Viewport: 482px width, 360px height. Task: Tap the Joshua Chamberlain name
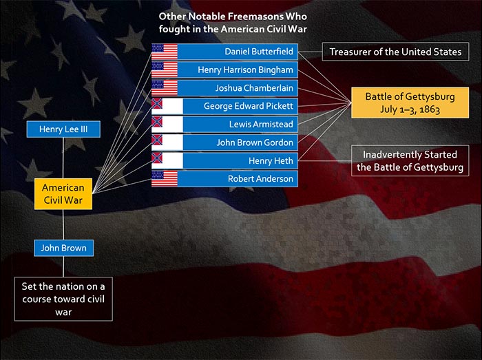[254, 88]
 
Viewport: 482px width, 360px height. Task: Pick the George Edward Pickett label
[248, 106]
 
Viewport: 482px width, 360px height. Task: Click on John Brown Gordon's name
[255, 142]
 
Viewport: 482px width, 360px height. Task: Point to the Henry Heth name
[271, 160]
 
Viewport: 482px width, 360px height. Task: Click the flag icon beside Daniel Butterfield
[165, 52]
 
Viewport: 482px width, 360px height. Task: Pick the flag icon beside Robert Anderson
[165, 179]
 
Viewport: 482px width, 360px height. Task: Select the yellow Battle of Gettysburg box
[410, 103]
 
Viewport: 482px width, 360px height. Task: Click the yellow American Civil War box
[63, 194]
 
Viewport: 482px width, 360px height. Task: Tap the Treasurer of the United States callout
[396, 52]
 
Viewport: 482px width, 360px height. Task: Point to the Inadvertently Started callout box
[410, 160]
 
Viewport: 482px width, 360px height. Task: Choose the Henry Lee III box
[63, 129]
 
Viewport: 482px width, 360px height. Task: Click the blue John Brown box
[63, 248]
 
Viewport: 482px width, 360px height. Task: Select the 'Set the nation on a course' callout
[63, 299]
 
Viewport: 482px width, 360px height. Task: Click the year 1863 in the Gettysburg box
[430, 109]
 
